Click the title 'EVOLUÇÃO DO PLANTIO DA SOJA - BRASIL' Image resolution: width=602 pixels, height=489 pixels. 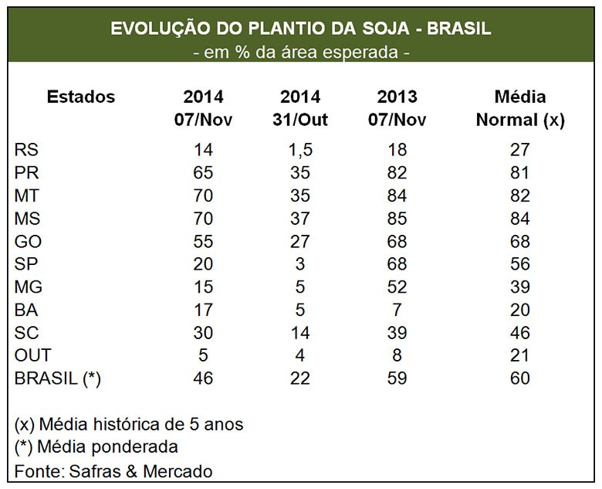pos(300,29)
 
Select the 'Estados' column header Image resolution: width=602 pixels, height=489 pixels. pos(80,97)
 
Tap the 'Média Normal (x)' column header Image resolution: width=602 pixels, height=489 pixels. pos(519,109)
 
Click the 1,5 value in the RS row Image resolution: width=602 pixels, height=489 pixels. pos(300,150)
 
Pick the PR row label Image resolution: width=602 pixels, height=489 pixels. pos(27,172)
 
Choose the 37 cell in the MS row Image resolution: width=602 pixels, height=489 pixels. pos(300,218)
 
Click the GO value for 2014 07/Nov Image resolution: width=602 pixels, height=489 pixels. pos(204,241)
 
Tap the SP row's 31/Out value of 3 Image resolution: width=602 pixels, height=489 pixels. pos(300,263)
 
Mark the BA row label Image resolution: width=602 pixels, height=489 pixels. pos(27,310)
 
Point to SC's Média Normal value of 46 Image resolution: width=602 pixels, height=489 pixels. pos(519,332)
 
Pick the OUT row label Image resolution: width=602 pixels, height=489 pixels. pos(33,355)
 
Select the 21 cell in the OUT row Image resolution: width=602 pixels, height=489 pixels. pos(519,355)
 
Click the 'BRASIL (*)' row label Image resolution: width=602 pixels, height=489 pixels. pos(58,379)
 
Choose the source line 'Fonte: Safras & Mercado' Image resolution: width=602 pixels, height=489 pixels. pos(113,470)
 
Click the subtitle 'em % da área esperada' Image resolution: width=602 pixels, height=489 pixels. pos(300,53)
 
